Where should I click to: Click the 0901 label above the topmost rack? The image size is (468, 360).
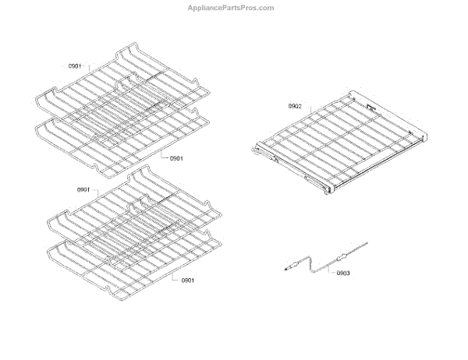click(x=74, y=66)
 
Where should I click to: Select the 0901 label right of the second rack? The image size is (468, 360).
click(x=176, y=159)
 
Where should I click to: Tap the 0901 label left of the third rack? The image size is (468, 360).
click(x=84, y=190)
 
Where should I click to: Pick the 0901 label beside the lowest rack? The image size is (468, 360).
click(x=187, y=281)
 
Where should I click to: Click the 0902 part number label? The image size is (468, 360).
click(x=295, y=106)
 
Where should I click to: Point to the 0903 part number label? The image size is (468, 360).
click(x=343, y=273)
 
